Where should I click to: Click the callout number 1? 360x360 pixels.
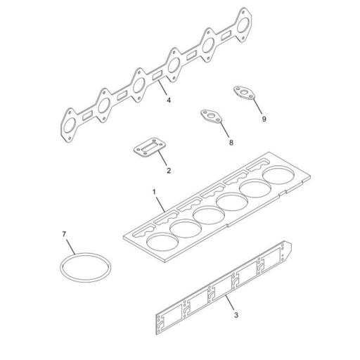click(153, 191)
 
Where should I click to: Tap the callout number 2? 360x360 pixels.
click(169, 171)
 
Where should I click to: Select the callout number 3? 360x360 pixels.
click(236, 314)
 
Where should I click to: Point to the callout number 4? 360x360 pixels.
click(169, 100)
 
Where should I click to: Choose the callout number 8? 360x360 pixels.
click(230, 143)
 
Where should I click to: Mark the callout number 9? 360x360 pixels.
click(264, 120)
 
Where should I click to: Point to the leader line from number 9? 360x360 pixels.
click(257, 107)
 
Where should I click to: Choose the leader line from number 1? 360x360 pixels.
click(160, 202)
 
